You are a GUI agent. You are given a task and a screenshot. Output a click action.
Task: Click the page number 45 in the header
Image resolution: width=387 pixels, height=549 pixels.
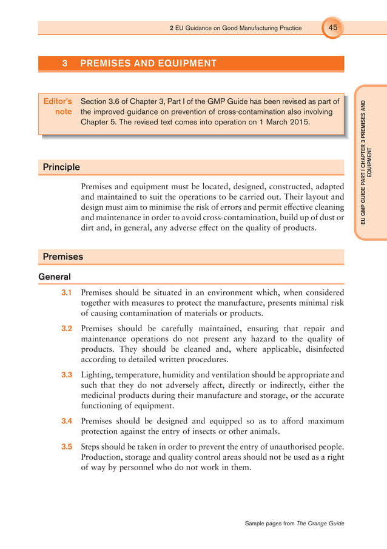coord(333,27)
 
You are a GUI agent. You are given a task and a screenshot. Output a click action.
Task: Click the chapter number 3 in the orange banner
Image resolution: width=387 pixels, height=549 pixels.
coord(65,63)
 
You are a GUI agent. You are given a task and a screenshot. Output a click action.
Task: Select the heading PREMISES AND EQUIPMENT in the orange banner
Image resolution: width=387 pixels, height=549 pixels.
coord(148,63)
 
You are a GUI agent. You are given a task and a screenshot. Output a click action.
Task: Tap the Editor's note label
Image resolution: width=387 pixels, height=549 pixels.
coord(58,106)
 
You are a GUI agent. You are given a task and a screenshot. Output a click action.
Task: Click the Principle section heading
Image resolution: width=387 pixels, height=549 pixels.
coord(61,167)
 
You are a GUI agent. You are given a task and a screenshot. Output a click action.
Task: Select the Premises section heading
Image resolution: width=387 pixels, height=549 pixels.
coord(62,257)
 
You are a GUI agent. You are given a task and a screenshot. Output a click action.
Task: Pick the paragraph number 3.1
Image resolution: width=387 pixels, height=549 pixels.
coord(67,292)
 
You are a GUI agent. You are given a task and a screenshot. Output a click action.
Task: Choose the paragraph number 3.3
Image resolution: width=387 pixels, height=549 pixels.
coord(67,374)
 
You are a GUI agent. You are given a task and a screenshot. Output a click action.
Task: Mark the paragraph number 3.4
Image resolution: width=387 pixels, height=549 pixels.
coord(67,420)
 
